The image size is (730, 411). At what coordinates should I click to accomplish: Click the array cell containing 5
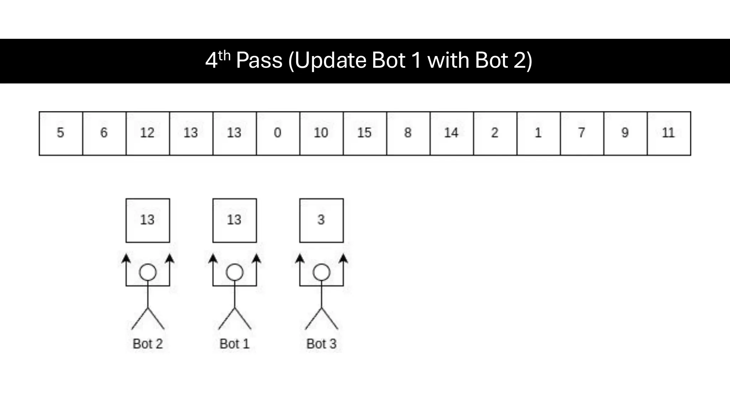[x=61, y=133]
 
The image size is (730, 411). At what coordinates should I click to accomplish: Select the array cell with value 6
[x=104, y=133]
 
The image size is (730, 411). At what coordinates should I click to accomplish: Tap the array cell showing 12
[x=148, y=133]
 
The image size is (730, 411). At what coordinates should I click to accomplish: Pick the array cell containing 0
[x=278, y=133]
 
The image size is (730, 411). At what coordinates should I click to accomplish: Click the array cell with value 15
[x=365, y=133]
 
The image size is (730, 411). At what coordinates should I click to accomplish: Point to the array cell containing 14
[x=452, y=133]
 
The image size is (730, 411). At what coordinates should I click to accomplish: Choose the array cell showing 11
[x=669, y=133]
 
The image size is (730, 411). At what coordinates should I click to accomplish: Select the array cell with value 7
[x=582, y=133]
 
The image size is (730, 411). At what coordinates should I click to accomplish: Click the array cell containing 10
[x=321, y=133]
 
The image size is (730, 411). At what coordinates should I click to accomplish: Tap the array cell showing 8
[x=408, y=133]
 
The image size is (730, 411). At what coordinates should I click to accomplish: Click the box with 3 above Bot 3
[x=321, y=220]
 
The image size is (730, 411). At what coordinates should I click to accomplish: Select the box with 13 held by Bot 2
[x=148, y=220]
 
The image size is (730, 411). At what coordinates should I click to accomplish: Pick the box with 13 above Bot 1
[x=235, y=220]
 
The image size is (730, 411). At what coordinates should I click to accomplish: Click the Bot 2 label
[x=148, y=344]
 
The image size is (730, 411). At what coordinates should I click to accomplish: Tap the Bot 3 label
[x=321, y=344]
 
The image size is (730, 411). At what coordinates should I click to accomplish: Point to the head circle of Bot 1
[x=235, y=273]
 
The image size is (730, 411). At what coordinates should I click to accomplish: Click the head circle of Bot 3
[x=321, y=273]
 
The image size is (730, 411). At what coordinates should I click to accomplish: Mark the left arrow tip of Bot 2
[x=126, y=256]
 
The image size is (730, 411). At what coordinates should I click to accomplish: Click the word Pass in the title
[x=259, y=60]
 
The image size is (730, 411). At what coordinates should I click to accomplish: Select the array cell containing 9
[x=625, y=133]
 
